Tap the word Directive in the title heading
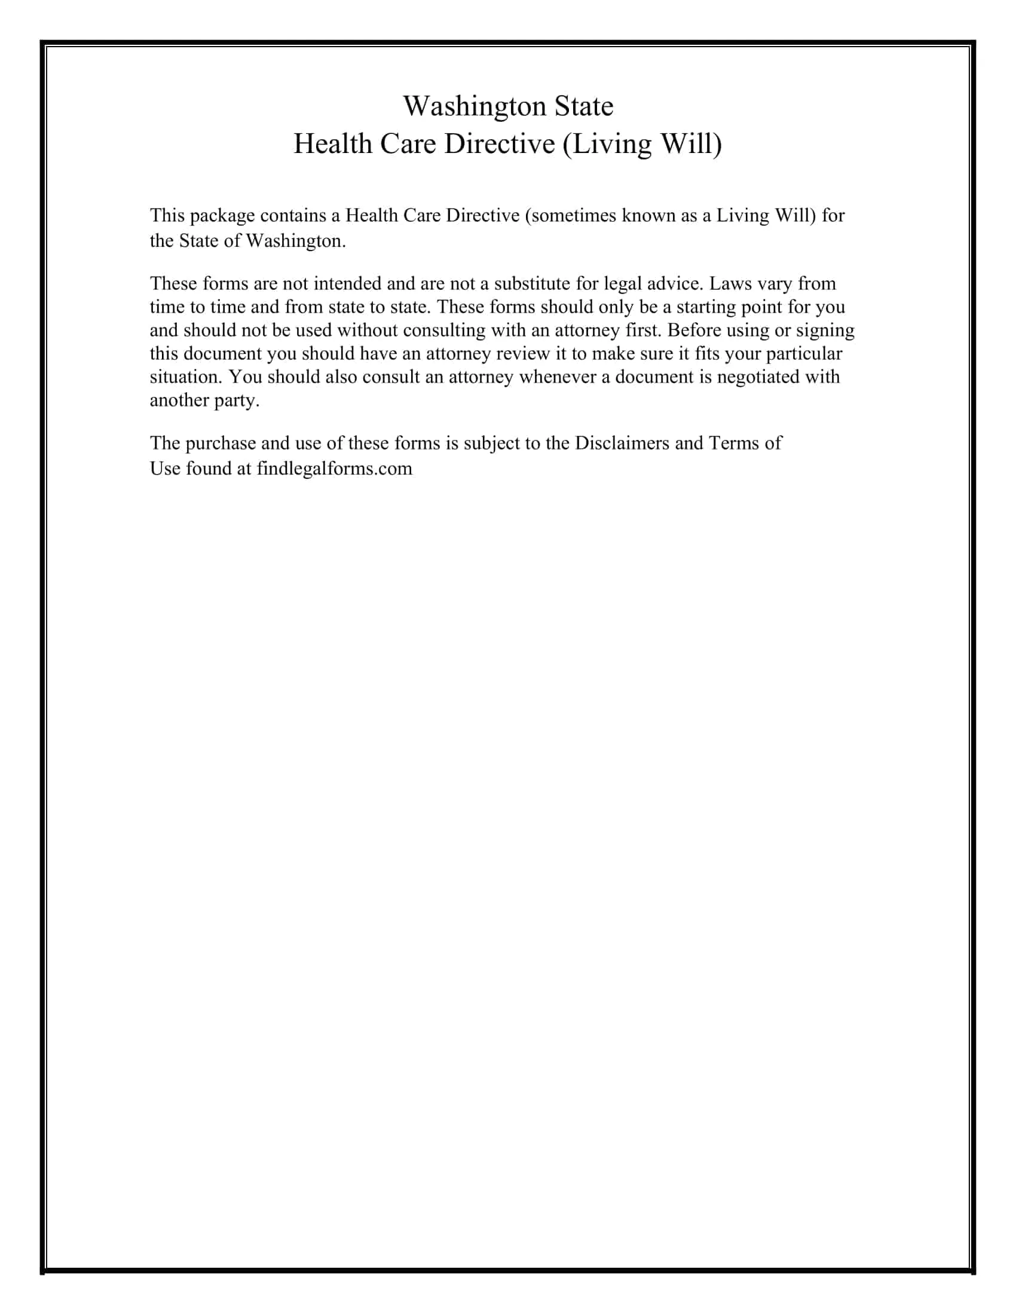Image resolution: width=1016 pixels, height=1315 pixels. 499,144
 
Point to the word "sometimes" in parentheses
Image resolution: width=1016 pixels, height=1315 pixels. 573,216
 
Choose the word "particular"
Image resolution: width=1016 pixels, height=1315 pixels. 803,353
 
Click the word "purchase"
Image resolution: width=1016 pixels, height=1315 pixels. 221,443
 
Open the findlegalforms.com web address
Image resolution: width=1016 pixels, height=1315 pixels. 334,469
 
